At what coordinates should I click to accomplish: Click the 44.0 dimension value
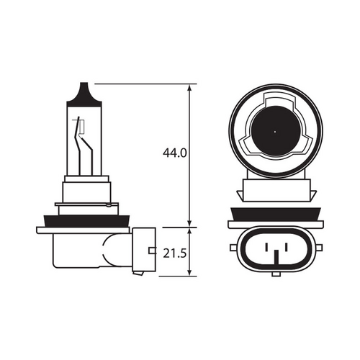[175, 153]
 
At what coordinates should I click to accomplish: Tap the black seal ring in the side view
[86, 218]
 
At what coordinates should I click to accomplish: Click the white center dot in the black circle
[275, 132]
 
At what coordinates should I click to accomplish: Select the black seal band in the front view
[275, 214]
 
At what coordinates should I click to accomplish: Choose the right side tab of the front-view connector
[318, 247]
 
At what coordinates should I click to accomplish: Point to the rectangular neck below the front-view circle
[275, 191]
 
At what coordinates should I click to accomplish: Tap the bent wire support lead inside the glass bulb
[89, 151]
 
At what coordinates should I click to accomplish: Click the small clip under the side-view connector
[138, 272]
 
